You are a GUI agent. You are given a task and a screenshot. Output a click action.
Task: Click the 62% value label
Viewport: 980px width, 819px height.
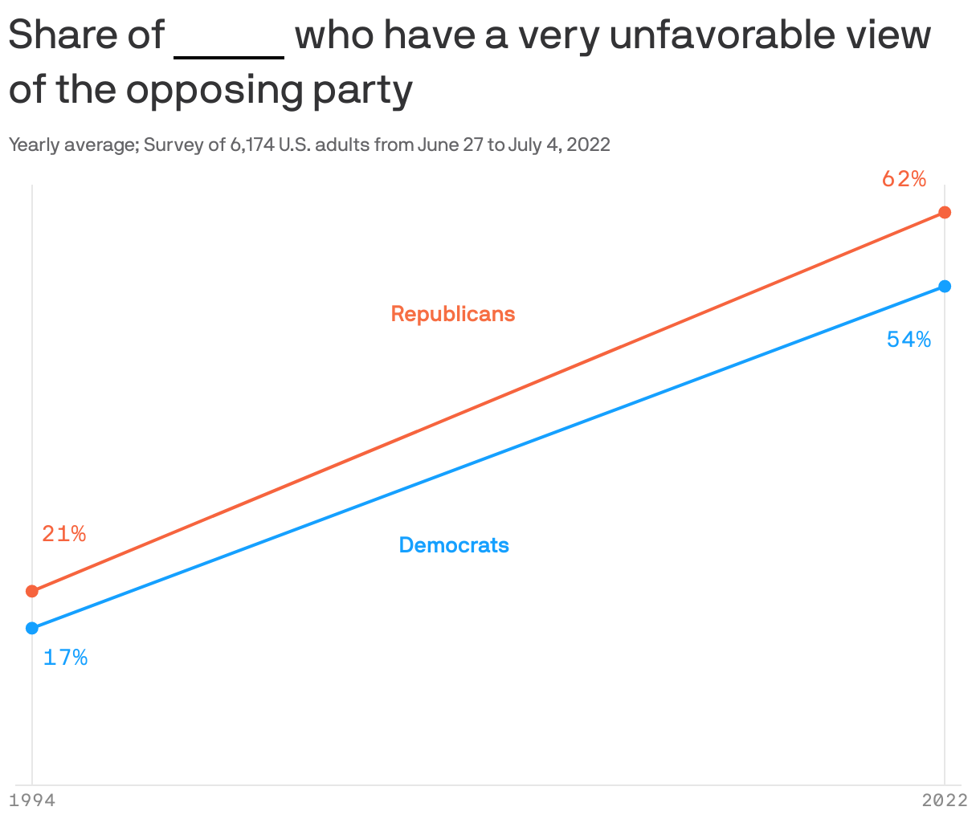(x=904, y=179)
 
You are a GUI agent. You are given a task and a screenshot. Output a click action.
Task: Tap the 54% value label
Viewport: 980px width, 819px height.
(x=909, y=340)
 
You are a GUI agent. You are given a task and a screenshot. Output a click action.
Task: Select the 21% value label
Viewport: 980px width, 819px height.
(x=64, y=534)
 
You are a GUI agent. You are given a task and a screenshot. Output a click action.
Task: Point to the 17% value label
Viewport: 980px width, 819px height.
(x=65, y=658)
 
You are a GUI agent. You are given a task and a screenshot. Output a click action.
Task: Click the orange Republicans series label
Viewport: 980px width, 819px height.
(x=453, y=314)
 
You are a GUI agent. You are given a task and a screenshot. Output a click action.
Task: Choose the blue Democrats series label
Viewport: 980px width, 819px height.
(x=454, y=545)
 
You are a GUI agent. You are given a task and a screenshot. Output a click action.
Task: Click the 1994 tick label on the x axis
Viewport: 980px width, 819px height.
(x=32, y=801)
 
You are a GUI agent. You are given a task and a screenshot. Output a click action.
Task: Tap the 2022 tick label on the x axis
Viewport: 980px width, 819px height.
(x=945, y=801)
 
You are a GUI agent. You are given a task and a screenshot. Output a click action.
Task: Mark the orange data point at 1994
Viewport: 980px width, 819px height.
(x=32, y=591)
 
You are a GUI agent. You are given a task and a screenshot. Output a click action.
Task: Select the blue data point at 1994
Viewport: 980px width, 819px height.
(x=32, y=628)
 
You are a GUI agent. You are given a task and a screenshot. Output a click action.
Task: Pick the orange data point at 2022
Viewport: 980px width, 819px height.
(x=945, y=212)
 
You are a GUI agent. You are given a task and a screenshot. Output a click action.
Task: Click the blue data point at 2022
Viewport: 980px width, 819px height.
(x=945, y=286)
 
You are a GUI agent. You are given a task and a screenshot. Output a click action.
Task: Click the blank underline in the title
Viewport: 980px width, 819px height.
(x=229, y=55)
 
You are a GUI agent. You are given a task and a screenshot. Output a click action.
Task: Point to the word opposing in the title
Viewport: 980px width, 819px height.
(x=214, y=91)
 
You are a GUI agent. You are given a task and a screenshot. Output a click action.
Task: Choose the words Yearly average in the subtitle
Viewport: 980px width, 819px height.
(x=71, y=145)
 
